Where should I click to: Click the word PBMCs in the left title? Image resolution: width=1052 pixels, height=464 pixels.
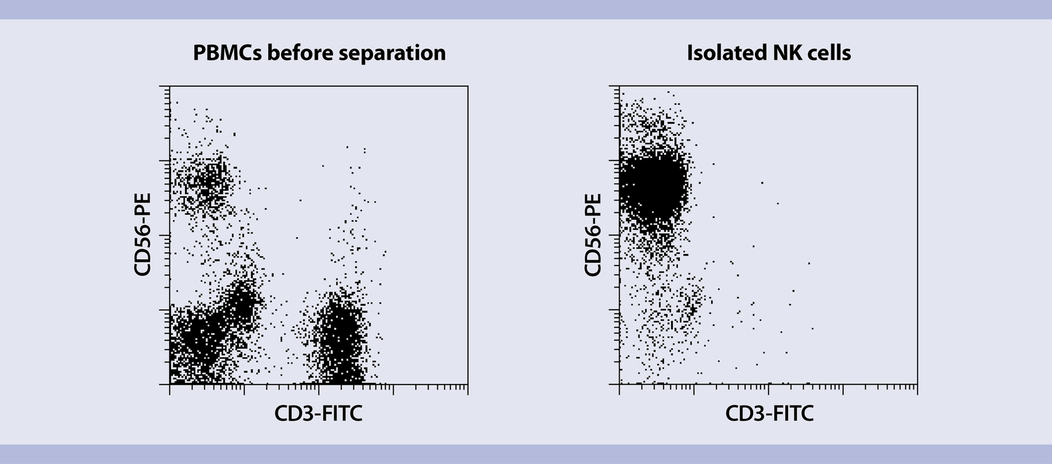point(227,53)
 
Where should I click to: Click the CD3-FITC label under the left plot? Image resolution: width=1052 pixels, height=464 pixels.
point(318,413)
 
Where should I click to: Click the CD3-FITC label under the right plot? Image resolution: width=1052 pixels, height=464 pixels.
point(769,413)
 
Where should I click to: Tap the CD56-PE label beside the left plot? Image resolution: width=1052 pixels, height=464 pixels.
point(142,234)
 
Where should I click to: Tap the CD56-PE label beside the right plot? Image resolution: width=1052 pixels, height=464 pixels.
point(593,234)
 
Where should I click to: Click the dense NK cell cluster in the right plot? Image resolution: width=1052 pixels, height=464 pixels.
point(652,189)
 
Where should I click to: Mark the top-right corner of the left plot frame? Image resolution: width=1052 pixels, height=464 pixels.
point(467,86)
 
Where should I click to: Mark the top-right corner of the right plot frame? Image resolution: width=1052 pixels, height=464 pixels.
point(917,86)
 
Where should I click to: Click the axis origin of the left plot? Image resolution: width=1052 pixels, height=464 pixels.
point(170,384)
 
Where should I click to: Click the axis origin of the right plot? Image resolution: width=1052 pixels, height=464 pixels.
point(620,384)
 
